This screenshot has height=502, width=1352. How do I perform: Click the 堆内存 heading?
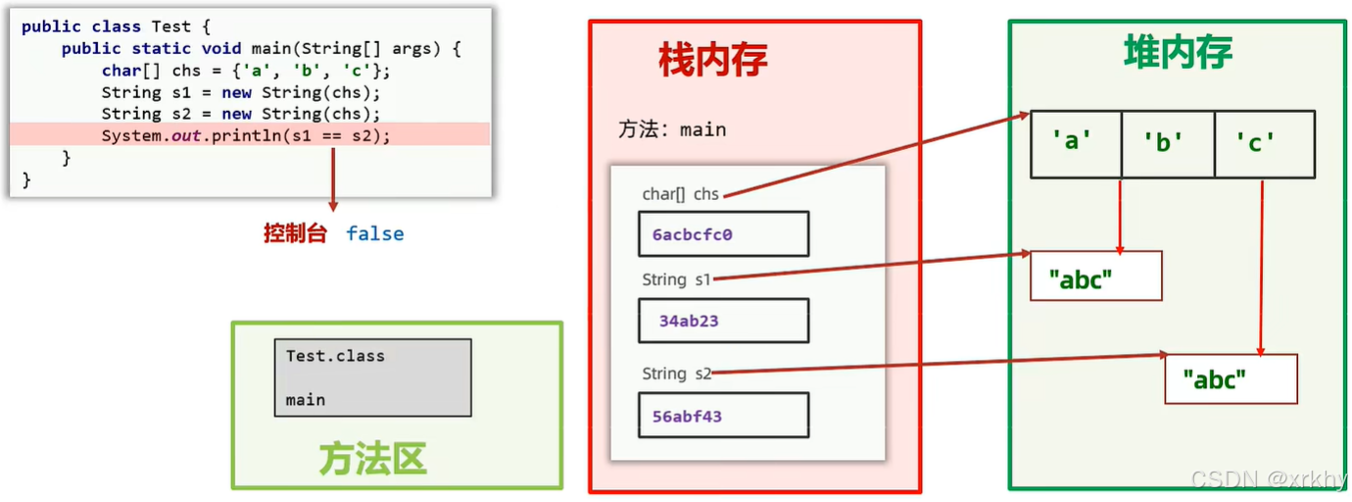(1177, 51)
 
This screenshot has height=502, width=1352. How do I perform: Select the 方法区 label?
(372, 458)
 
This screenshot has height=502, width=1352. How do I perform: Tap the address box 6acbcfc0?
(723, 234)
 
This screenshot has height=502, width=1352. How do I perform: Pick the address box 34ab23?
(723, 321)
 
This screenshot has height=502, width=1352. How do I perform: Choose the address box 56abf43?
(723, 416)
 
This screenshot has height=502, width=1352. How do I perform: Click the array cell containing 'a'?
(1075, 143)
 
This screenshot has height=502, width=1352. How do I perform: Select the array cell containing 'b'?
(1167, 143)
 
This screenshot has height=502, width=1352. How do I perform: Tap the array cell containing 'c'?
(1262, 143)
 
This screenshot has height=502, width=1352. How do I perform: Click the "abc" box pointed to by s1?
(1095, 276)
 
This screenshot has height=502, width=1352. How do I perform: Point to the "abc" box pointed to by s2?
(1231, 379)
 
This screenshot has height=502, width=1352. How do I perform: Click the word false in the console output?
(374, 233)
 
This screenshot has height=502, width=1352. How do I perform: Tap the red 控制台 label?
(294, 233)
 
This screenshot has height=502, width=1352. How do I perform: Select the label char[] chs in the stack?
(680, 194)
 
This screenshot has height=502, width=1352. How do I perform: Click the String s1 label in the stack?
(676, 279)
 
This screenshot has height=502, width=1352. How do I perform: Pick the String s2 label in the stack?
(676, 374)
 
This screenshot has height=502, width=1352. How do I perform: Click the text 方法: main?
(672, 129)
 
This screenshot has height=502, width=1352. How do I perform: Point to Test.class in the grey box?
(335, 356)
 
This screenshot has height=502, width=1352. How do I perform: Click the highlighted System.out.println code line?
(246, 135)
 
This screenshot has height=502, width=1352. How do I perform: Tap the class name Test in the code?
(171, 26)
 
